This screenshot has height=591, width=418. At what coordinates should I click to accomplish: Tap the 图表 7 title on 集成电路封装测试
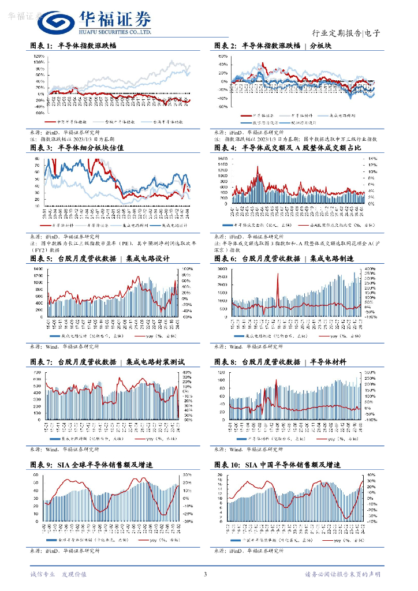(107, 362)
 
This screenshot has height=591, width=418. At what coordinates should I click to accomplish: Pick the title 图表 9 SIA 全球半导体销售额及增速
(92, 465)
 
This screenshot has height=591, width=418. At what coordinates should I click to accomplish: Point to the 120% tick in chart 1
(40, 56)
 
